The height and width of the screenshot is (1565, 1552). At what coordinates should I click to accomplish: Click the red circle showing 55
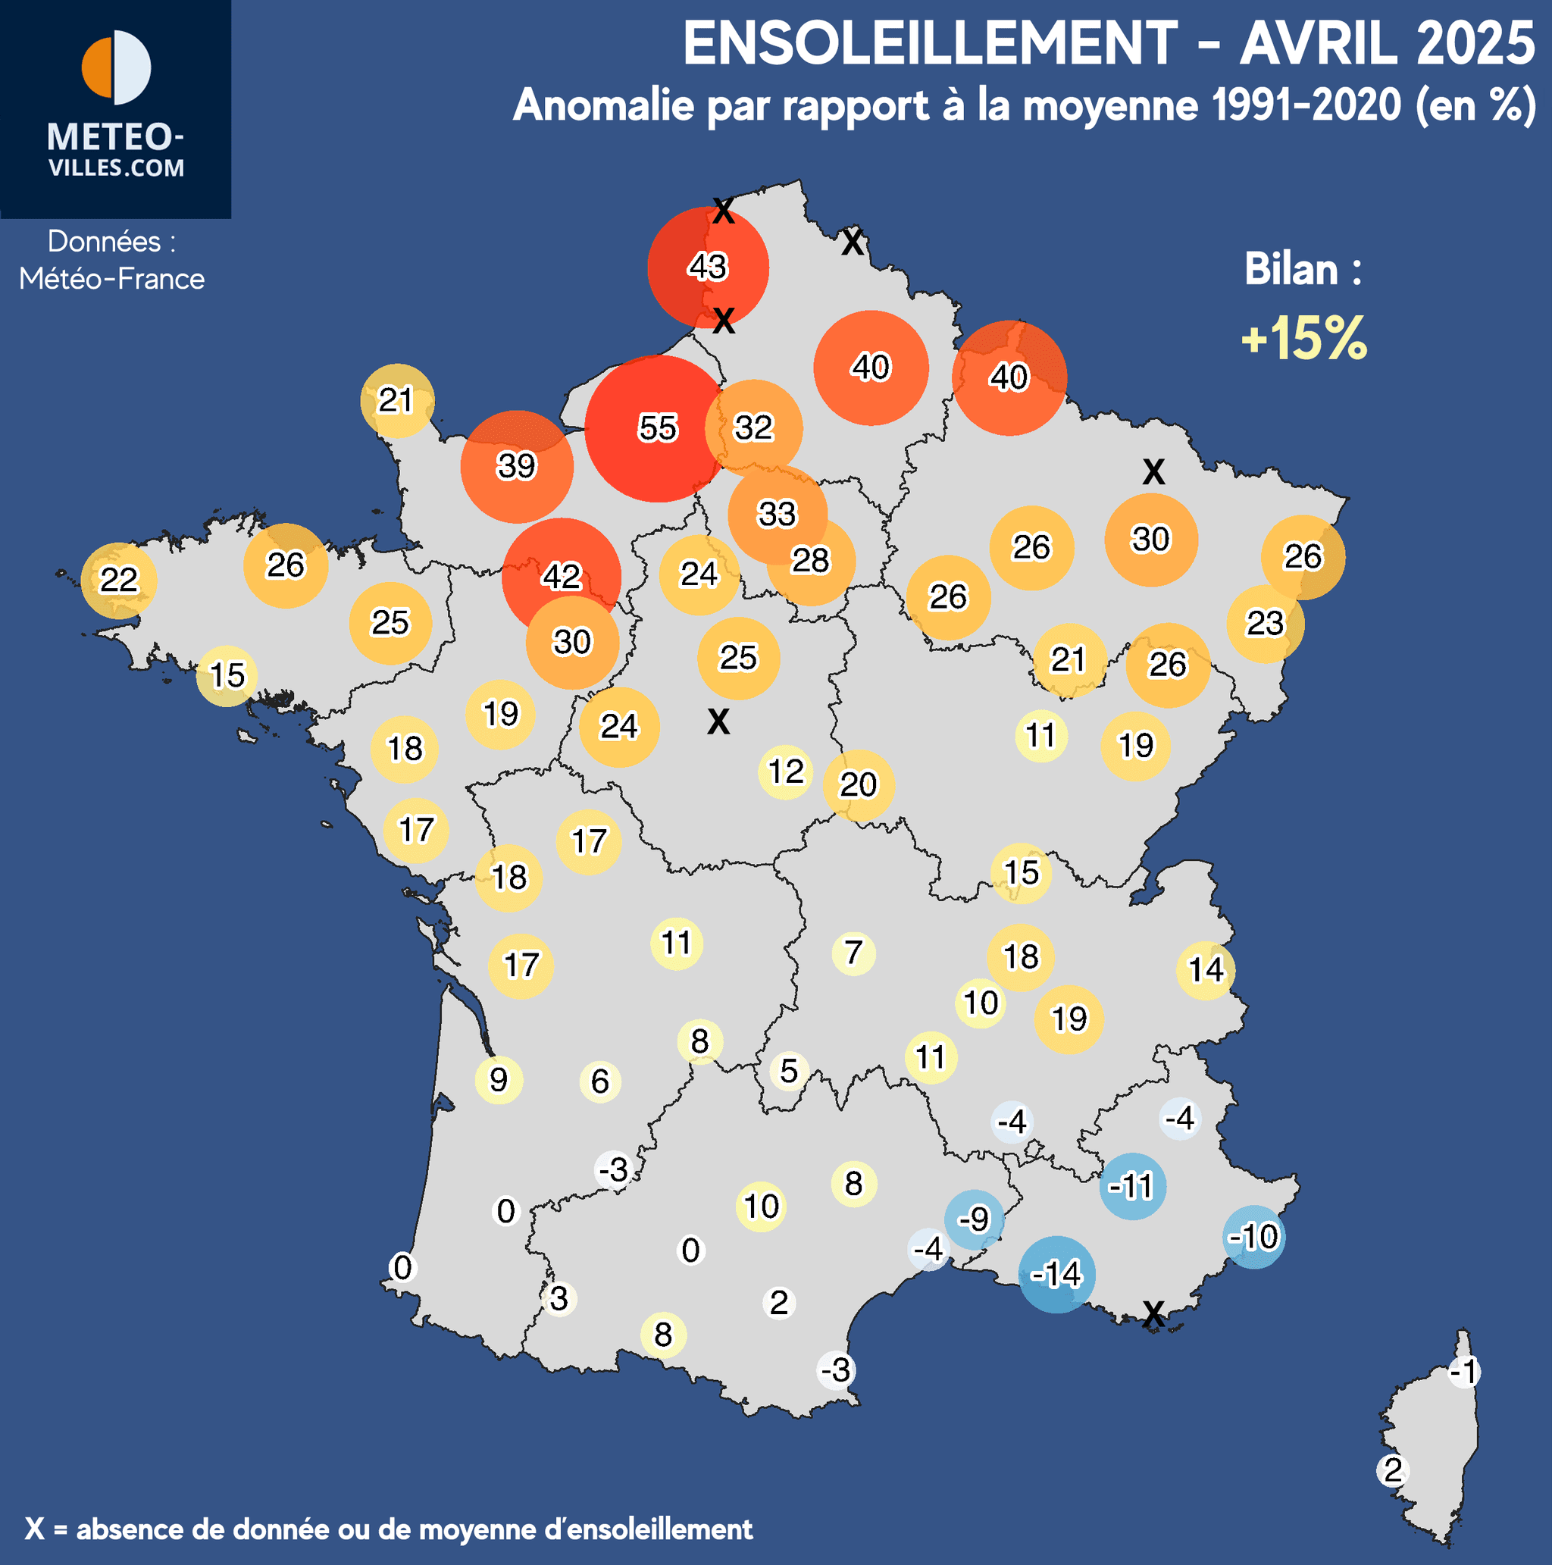[656, 427]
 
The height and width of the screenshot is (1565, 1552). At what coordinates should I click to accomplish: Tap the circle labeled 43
[707, 267]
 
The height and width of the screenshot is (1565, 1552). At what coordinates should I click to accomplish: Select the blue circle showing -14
[1056, 1274]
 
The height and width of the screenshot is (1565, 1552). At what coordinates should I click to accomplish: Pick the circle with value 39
[516, 466]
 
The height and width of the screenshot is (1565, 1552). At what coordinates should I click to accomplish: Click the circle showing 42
[561, 576]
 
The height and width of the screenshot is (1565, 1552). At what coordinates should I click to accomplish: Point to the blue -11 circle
[1131, 1186]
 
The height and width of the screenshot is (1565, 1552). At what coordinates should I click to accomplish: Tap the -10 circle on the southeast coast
[1253, 1236]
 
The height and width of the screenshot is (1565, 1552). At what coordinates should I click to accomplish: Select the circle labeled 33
[777, 514]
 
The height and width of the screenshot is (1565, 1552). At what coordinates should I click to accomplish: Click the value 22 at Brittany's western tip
[119, 579]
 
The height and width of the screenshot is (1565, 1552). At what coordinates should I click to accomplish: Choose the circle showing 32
[753, 427]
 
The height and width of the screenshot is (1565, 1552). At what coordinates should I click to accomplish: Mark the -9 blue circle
[974, 1219]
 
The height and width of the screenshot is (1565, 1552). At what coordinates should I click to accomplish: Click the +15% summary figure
[1304, 338]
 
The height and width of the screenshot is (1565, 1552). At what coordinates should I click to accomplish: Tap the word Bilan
[1291, 269]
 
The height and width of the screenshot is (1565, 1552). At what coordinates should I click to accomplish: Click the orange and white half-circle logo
[116, 67]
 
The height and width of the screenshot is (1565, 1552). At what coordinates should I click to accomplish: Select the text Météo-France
[112, 279]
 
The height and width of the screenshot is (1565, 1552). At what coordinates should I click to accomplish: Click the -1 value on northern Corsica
[1463, 1372]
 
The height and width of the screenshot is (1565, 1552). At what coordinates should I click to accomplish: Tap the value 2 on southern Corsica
[1392, 1470]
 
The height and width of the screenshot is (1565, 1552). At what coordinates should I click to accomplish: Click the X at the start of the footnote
[34, 1529]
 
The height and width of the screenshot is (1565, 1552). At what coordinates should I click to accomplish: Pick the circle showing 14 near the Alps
[1206, 969]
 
